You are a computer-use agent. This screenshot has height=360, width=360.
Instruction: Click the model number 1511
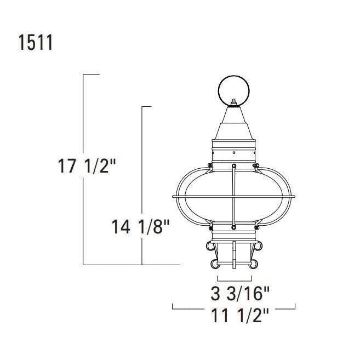click(x=36, y=43)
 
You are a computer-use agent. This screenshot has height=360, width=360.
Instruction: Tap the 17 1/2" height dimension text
click(x=87, y=166)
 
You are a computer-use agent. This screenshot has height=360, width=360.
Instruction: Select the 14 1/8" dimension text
click(x=140, y=227)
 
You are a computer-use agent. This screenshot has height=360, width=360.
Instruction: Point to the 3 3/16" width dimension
click(x=240, y=293)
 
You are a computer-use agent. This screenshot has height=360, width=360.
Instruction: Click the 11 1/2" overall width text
click(x=239, y=316)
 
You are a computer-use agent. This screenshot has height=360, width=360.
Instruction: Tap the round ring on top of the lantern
click(x=234, y=91)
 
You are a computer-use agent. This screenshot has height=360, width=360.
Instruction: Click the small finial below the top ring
click(x=234, y=102)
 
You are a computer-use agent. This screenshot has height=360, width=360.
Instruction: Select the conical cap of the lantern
click(x=234, y=123)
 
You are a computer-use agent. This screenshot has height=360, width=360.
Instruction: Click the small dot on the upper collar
click(x=234, y=153)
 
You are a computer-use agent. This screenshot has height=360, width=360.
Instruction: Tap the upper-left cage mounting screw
click(x=210, y=165)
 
